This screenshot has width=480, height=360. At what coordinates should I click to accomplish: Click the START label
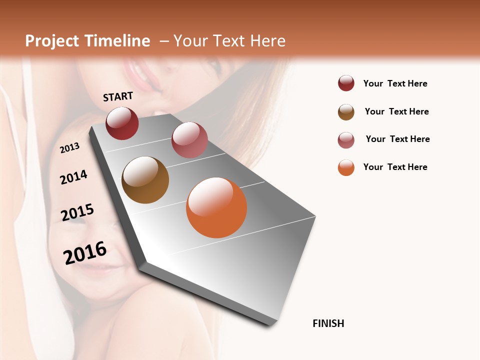(118, 96)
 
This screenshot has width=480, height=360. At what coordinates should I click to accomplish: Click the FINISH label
(328, 323)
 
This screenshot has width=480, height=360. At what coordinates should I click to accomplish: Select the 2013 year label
(69, 147)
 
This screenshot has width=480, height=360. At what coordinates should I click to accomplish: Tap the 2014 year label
(73, 177)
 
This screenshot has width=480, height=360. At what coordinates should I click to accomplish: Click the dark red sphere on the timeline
(122, 123)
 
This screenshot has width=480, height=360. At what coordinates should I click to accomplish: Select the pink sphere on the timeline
(189, 140)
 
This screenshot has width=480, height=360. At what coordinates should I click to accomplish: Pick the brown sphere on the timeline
(145, 180)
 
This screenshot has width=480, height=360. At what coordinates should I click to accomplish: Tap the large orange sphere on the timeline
(216, 207)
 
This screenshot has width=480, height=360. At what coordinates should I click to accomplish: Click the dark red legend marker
(346, 83)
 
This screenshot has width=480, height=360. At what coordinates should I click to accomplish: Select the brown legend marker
(346, 112)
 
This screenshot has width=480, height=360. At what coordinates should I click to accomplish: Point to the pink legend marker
(346, 140)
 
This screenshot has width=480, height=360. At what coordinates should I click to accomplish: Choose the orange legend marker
(346, 167)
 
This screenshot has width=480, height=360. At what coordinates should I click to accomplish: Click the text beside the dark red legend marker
(395, 83)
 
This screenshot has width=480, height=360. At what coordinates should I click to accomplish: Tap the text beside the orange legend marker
(395, 167)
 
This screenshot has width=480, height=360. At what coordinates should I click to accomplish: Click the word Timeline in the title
(118, 41)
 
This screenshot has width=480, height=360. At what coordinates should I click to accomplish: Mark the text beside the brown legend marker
(396, 111)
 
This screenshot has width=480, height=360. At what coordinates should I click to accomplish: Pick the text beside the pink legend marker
(397, 139)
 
